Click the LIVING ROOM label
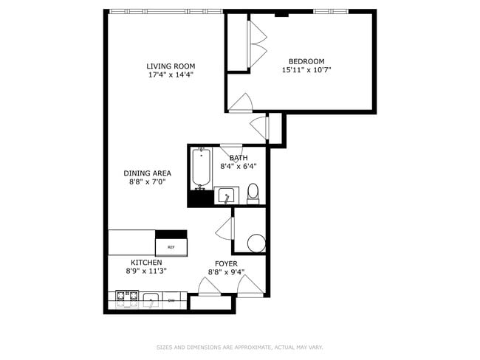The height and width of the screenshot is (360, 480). pyautogui.click(x=171, y=66)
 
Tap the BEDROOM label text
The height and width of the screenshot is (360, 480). pyautogui.click(x=306, y=61)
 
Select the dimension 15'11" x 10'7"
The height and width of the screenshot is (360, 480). pyautogui.click(x=306, y=70)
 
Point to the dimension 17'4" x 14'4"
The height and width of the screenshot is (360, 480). pyautogui.click(x=171, y=75)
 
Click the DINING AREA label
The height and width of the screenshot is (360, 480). pyautogui.click(x=147, y=173)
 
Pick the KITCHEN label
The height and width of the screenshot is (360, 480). pyautogui.click(x=146, y=263)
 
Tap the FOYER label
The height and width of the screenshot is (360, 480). pyautogui.click(x=225, y=263)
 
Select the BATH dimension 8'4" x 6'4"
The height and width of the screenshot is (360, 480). pyautogui.click(x=239, y=167)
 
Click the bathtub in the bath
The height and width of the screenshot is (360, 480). pyautogui.click(x=202, y=169)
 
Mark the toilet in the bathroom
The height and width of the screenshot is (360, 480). pyautogui.click(x=253, y=194)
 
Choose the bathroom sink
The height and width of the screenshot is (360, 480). pyautogui.click(x=226, y=196)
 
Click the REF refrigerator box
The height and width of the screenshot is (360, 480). pyautogui.click(x=171, y=247)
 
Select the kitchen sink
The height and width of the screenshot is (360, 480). pyautogui.click(x=151, y=300)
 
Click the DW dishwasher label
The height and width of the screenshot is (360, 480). pyautogui.click(x=171, y=300)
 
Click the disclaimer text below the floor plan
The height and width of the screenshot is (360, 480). pyautogui.click(x=239, y=347)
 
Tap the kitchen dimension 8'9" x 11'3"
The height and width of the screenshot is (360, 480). pyautogui.click(x=146, y=271)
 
